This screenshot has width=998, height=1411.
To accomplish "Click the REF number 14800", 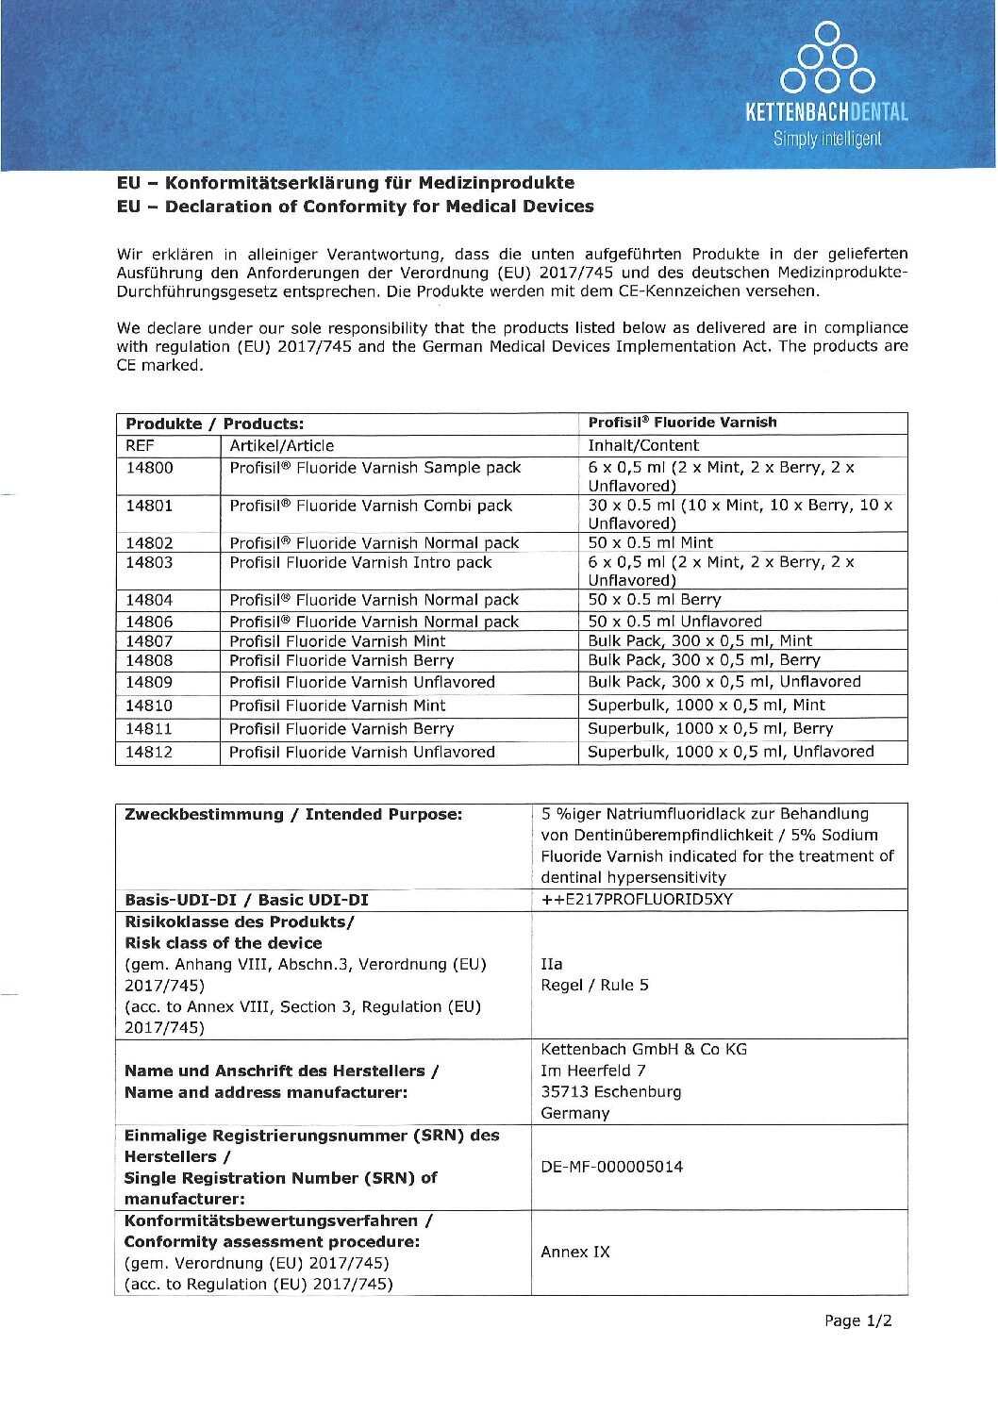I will [150, 468].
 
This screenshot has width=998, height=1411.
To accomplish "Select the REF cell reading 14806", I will [150, 622].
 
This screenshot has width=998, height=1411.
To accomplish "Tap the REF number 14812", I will [150, 752].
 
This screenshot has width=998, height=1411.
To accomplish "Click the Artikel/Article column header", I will [282, 446].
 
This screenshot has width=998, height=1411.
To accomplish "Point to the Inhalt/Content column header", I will [643, 446].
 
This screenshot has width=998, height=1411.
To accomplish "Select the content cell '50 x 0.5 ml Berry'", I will [655, 600].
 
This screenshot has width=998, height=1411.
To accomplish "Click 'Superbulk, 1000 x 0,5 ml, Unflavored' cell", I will [731, 752].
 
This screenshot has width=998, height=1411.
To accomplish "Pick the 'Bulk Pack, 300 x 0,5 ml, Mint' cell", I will [700, 640].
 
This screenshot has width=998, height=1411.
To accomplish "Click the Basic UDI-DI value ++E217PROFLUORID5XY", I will [637, 899].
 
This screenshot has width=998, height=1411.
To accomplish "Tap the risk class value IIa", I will [552, 964].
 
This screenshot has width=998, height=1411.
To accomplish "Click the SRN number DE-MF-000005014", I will [612, 1167].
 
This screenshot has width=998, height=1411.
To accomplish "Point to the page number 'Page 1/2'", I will [857, 1320].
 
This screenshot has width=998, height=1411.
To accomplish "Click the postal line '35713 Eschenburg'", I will [611, 1091].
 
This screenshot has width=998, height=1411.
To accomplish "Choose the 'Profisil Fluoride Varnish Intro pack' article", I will [360, 562].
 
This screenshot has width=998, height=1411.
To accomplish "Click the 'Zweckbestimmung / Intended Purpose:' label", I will [293, 814].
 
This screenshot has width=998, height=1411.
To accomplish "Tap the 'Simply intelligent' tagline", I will [827, 139].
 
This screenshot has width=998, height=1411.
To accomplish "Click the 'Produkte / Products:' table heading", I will [215, 423].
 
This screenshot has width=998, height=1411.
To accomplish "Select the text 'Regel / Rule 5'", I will [594, 985].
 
